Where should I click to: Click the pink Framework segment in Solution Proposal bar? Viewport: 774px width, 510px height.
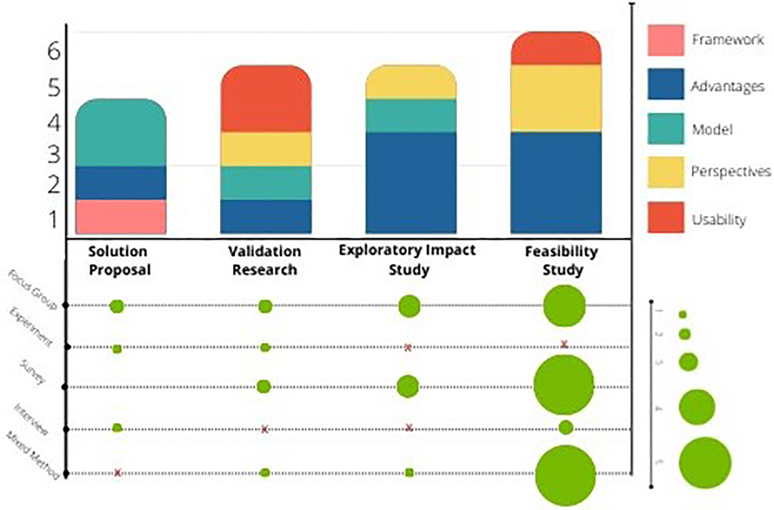[x=121, y=217]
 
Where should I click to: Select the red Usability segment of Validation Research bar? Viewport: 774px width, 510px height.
[x=266, y=99]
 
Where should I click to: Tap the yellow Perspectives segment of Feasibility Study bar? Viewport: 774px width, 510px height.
[x=556, y=98]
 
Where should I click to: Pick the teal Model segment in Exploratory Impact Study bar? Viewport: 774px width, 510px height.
[x=411, y=116]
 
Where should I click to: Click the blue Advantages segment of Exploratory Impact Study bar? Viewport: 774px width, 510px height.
[x=411, y=182]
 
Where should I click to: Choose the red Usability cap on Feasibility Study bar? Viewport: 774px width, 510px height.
[x=556, y=48]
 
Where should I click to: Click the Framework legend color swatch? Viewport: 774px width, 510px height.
[x=665, y=40]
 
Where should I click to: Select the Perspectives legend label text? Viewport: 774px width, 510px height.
[x=731, y=172]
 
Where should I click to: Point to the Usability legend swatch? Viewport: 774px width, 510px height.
[x=665, y=218]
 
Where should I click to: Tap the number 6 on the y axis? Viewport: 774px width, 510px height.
[x=54, y=52]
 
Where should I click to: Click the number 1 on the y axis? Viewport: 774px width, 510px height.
[x=54, y=220]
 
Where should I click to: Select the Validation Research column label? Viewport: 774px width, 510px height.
[x=265, y=261]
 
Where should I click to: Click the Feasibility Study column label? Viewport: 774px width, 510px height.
[x=562, y=261]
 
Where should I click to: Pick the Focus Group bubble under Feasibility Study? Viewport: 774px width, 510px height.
[x=564, y=306]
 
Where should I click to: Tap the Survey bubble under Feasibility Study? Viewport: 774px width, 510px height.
[x=564, y=385]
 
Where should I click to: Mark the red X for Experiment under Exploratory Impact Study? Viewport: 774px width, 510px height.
[x=408, y=348]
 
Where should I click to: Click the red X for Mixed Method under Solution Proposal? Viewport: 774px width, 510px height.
[x=117, y=473]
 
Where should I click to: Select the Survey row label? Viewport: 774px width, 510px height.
[x=33, y=372]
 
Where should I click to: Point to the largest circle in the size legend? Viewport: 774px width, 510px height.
[x=704, y=463]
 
